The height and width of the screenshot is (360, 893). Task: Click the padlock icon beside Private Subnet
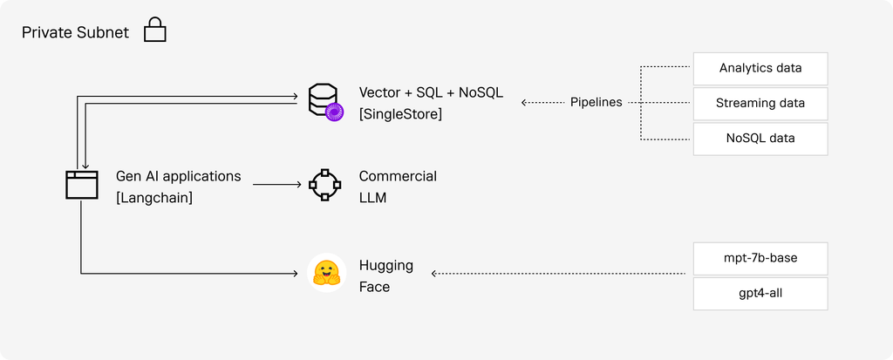[155, 31]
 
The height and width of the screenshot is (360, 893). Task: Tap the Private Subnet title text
[75, 32]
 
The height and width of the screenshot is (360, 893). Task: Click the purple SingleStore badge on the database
[334, 112]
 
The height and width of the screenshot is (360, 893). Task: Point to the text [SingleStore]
[400, 114]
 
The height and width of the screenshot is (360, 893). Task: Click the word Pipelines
[596, 103]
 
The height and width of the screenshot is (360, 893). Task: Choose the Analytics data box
[760, 68]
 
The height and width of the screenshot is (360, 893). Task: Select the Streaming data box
[760, 103]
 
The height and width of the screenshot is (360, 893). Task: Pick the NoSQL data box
[760, 139]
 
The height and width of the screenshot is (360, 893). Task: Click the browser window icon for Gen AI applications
[81, 185]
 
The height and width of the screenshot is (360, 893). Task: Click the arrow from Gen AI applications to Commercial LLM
[276, 185]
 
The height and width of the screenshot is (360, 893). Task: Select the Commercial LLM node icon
[324, 185]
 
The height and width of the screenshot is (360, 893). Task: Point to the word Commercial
[398, 177]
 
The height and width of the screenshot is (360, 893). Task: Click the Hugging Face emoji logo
[327, 274]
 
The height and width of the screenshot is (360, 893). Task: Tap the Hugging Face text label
[386, 276]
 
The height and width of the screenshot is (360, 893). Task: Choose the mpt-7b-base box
[760, 258]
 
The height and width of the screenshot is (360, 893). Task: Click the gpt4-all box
[760, 294]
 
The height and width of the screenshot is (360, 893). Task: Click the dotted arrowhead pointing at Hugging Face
[434, 274]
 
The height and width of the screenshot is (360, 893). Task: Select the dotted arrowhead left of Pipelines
[524, 103]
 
